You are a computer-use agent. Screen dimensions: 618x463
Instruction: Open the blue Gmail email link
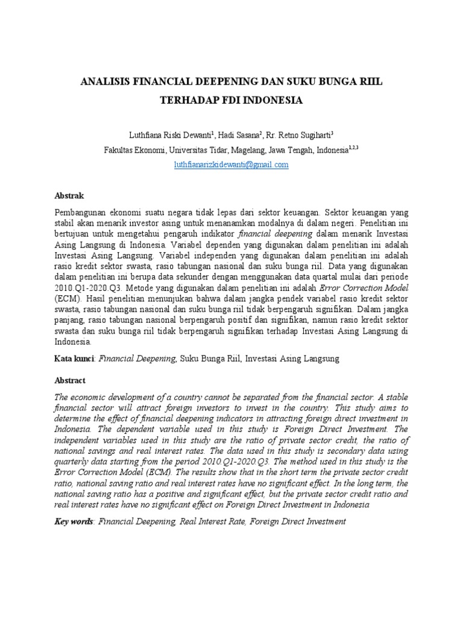(x=231, y=164)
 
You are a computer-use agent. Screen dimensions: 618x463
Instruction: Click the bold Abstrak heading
(x=69, y=196)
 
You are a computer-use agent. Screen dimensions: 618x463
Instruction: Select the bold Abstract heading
(x=70, y=381)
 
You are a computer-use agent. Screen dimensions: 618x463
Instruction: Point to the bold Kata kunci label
(x=74, y=358)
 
